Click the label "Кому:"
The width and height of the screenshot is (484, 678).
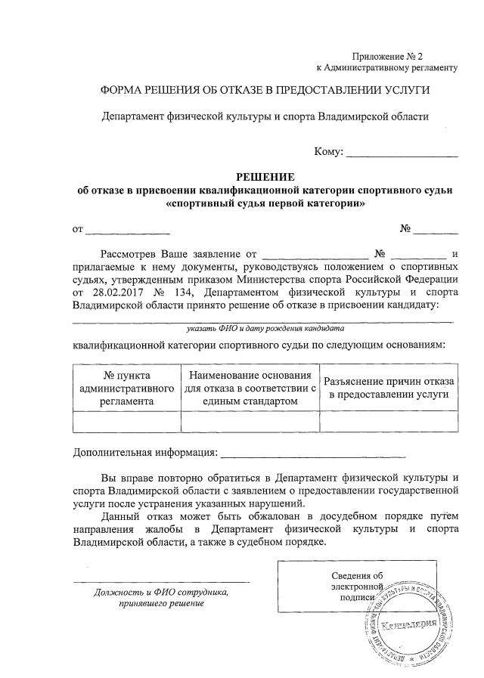328,152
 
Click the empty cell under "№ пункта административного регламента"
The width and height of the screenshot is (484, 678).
127,422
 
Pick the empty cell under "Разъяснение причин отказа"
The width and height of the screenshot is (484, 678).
389,422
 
